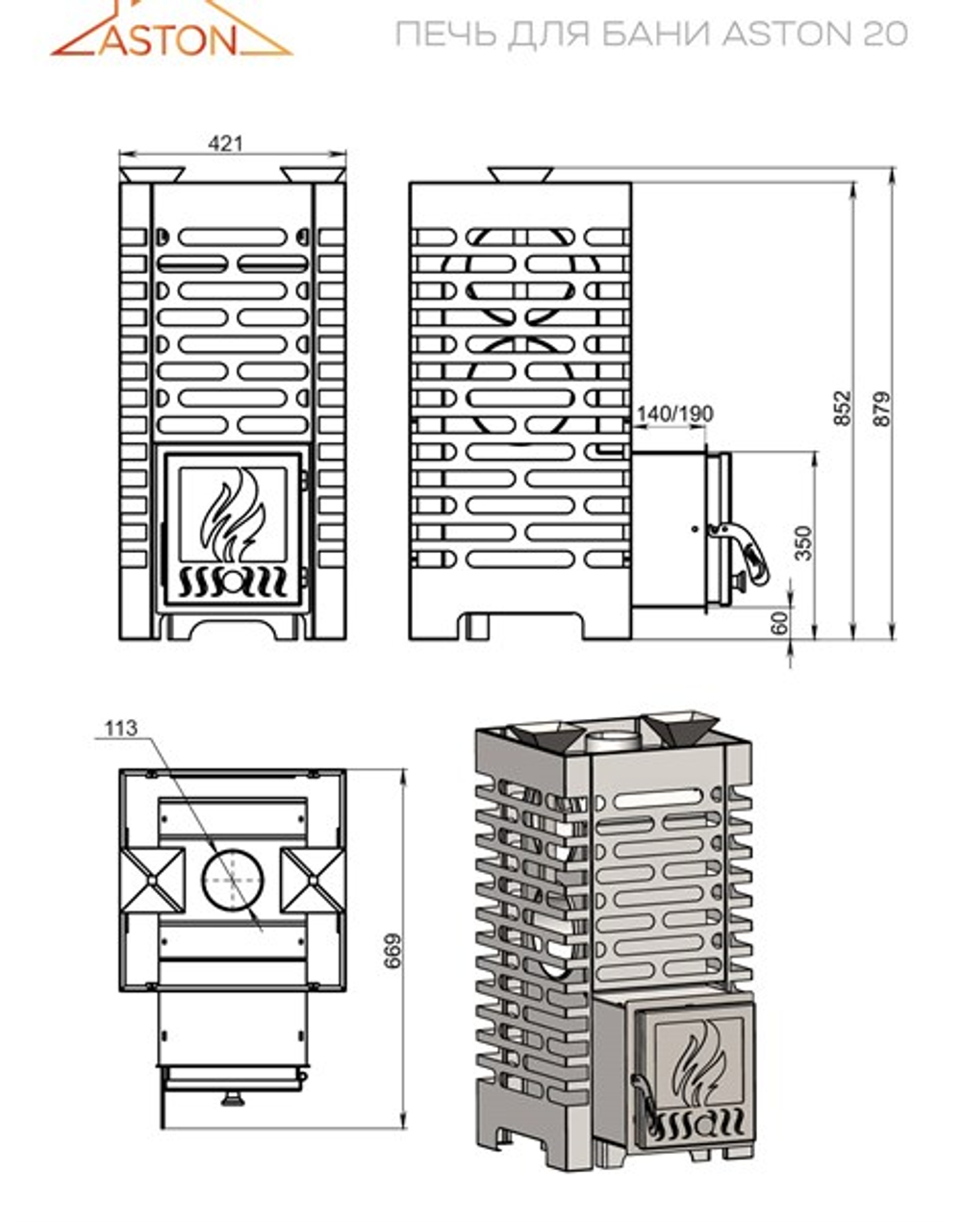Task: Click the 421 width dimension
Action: (x=226, y=143)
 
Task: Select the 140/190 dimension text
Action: (x=674, y=413)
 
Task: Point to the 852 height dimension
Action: (x=843, y=409)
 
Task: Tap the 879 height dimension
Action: (x=883, y=409)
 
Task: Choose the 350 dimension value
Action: (x=804, y=542)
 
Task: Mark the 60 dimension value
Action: (x=780, y=622)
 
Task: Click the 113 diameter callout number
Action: (x=121, y=728)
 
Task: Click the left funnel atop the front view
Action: (x=152, y=174)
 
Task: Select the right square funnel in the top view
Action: (x=310, y=880)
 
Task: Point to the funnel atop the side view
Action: (x=520, y=174)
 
